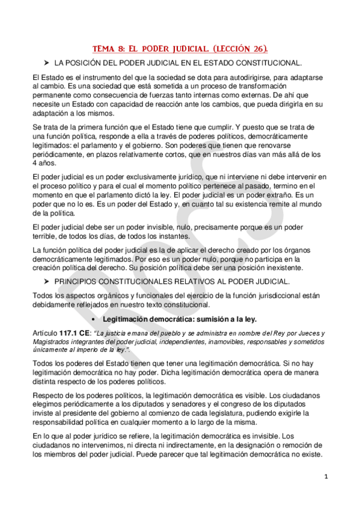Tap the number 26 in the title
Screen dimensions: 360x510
pos(253,49)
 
